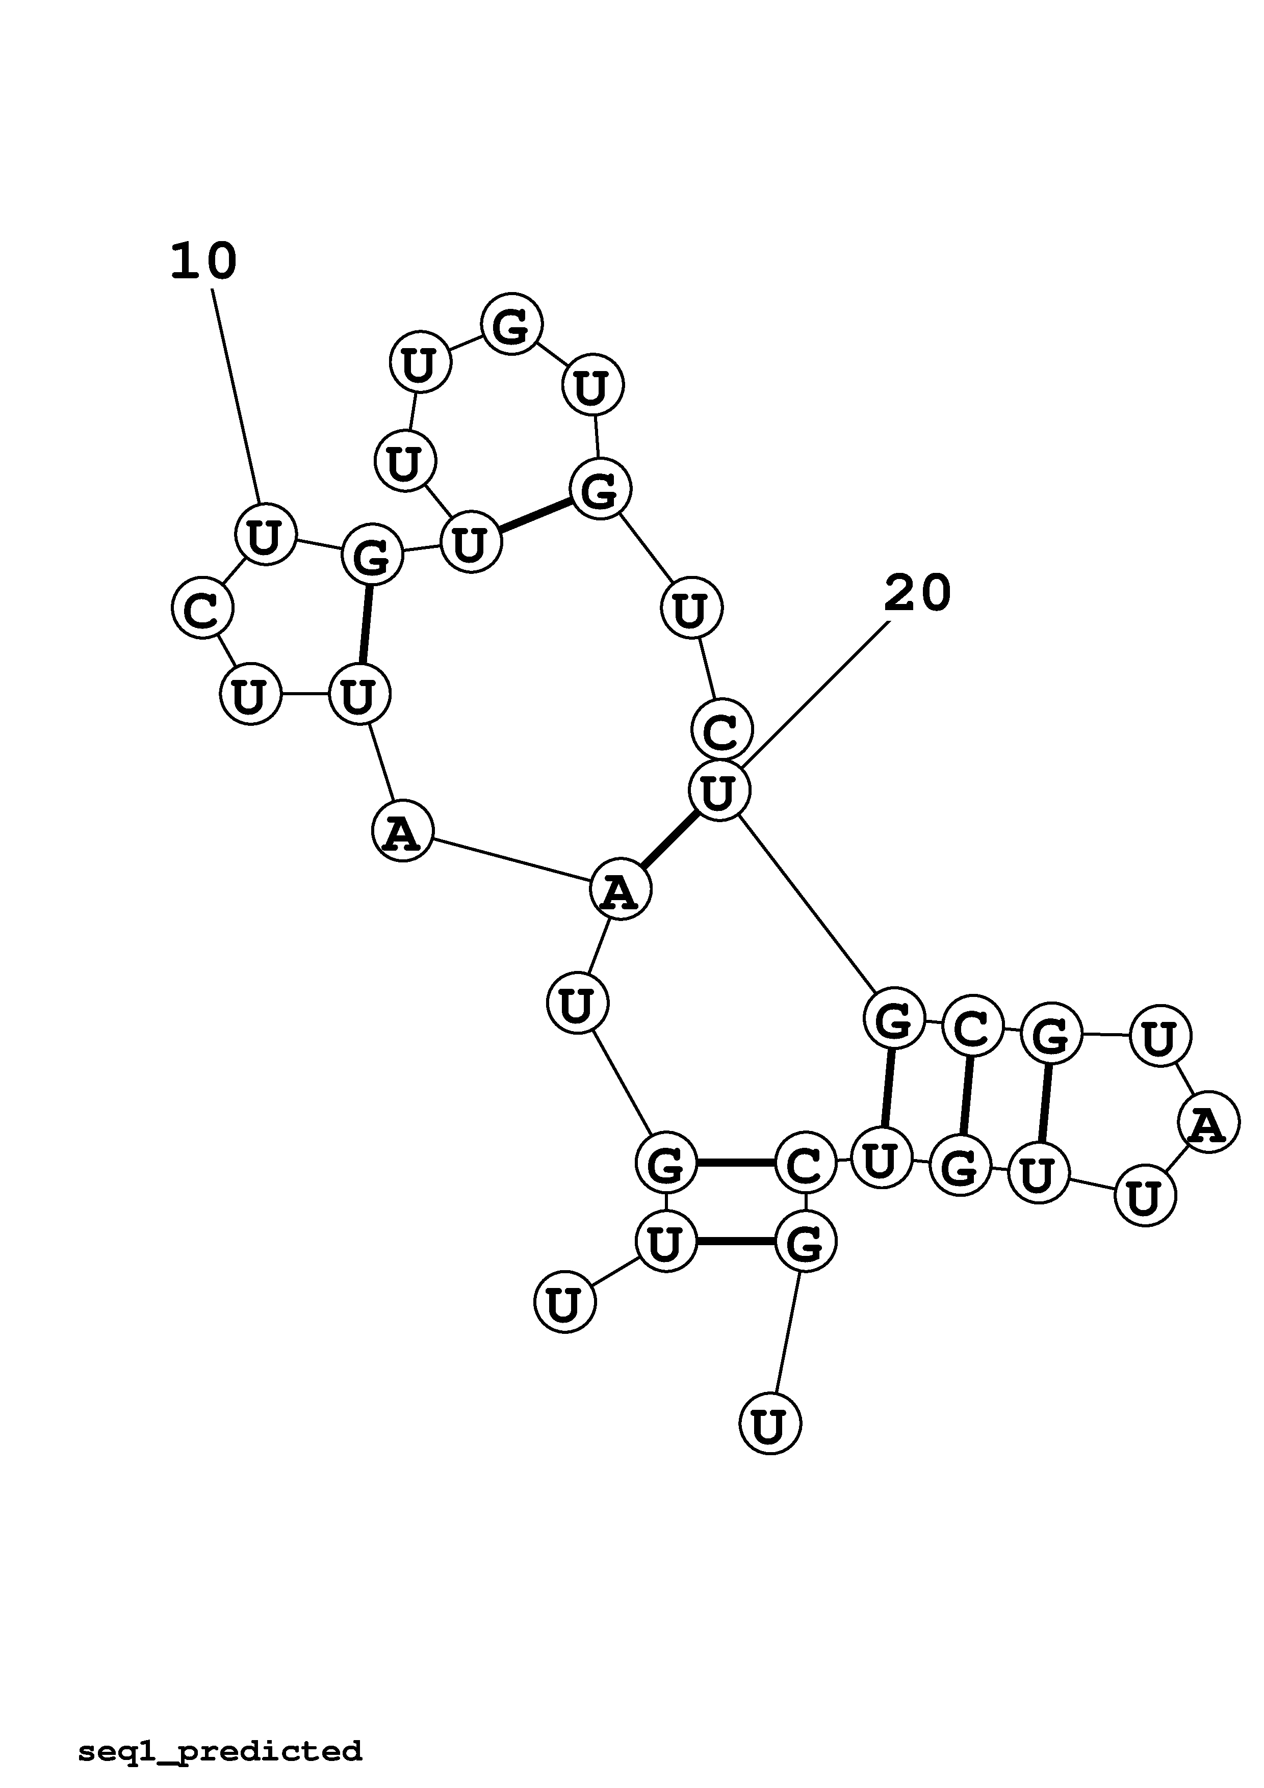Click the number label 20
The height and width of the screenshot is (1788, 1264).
(917, 593)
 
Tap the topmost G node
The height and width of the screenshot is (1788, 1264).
(511, 325)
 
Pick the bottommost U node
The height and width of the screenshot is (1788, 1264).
(769, 1424)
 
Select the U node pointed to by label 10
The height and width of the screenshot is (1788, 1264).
(266, 534)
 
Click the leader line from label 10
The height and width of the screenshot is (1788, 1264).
(236, 397)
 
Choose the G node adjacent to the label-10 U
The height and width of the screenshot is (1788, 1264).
(372, 555)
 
